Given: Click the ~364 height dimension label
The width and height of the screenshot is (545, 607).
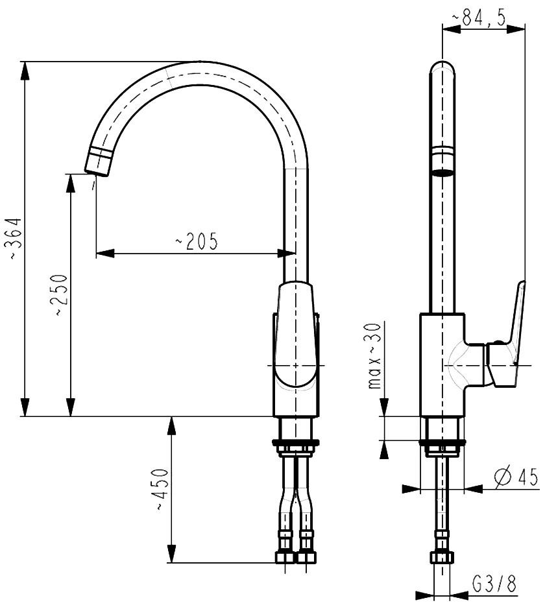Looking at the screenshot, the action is tap(16, 239).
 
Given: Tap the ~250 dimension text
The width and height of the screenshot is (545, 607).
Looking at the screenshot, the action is tap(60, 295).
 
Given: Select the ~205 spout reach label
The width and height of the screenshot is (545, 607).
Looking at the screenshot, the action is tap(197, 241).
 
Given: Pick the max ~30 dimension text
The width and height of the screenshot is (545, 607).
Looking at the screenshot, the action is tap(374, 355).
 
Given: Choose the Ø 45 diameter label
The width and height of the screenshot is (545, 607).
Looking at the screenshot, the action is tap(516, 477).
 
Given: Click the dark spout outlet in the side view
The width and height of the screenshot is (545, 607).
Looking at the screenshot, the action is tap(442, 173).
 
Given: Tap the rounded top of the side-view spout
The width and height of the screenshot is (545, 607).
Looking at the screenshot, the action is tap(442, 67).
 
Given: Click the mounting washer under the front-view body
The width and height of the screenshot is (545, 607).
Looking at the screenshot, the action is tap(296, 442).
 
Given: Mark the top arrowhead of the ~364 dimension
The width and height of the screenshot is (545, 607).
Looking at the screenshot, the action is tap(25, 71).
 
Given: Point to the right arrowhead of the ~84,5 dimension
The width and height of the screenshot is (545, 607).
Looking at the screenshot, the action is tap(516, 29).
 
